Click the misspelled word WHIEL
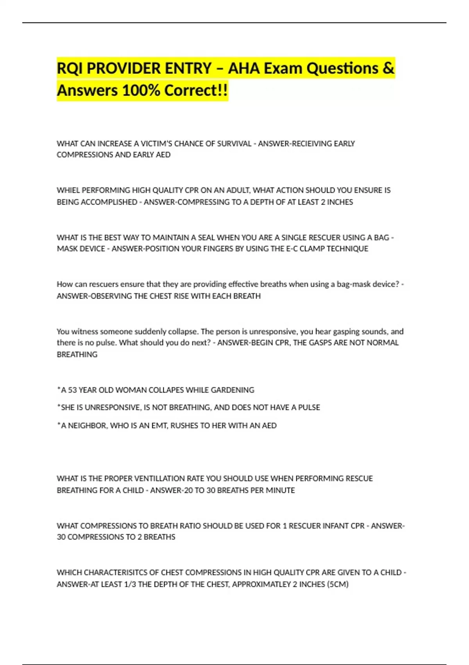coord(68,191)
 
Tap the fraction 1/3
coord(130,584)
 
